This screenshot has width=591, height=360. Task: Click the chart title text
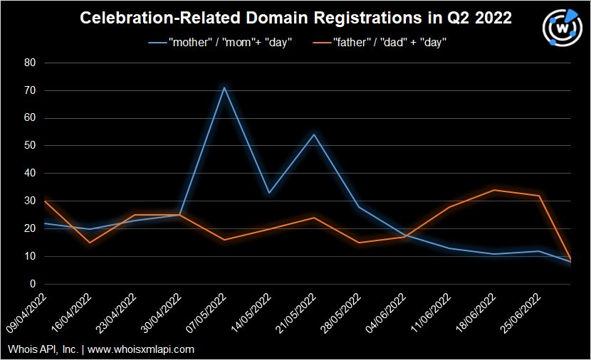(295, 18)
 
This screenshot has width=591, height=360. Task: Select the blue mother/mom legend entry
(220, 43)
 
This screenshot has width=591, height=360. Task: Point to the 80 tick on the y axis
(30, 63)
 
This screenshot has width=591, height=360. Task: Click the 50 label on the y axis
(30, 146)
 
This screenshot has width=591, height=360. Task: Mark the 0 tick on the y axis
(33, 284)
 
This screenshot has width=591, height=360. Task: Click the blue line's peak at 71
(224, 88)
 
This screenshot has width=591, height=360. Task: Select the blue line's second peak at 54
(314, 134)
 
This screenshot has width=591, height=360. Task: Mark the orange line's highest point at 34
(494, 190)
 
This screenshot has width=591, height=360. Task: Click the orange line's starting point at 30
(44, 201)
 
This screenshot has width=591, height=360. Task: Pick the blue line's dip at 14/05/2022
(269, 193)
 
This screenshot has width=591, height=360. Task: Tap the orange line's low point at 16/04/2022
(89, 243)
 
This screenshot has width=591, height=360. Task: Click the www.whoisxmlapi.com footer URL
(141, 349)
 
